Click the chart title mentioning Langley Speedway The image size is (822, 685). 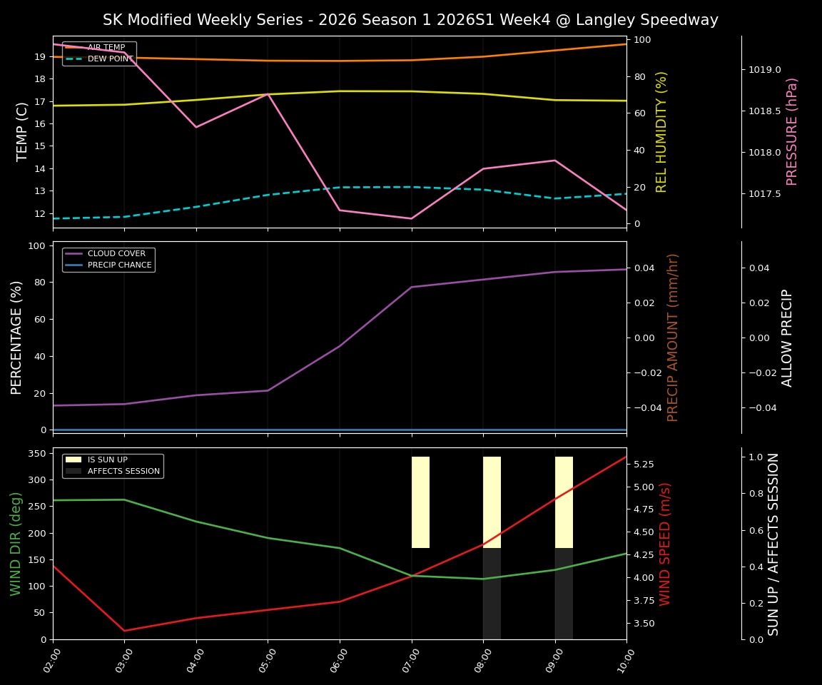pyautogui.click(x=410, y=20)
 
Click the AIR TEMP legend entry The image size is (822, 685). pyautogui.click(x=106, y=47)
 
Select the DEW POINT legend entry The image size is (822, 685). pyautogui.click(x=110, y=59)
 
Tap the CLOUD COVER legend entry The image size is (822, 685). pyautogui.click(x=116, y=253)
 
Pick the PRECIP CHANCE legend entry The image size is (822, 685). pyautogui.click(x=119, y=265)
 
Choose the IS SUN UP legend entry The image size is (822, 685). pyautogui.click(x=108, y=460)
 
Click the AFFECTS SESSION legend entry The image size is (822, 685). pyautogui.click(x=122, y=471)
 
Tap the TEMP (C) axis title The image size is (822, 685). pyautogui.click(x=23, y=131)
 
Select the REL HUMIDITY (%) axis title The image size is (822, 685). pyautogui.click(x=662, y=131)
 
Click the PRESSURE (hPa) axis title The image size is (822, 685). pyautogui.click(x=792, y=131)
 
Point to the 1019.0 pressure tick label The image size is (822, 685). pyautogui.click(x=764, y=69)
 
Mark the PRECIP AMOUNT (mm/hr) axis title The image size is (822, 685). pyautogui.click(x=673, y=337)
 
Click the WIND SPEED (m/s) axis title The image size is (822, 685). pyautogui.click(x=665, y=544)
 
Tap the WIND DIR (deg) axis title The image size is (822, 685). pyautogui.click(x=16, y=544)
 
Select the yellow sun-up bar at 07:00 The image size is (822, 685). pyautogui.click(x=420, y=502)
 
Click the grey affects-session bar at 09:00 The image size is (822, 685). pyautogui.click(x=564, y=594)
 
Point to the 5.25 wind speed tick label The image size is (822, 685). pyautogui.click(x=644, y=464)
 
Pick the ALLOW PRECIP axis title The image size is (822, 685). pyautogui.click(x=787, y=337)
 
